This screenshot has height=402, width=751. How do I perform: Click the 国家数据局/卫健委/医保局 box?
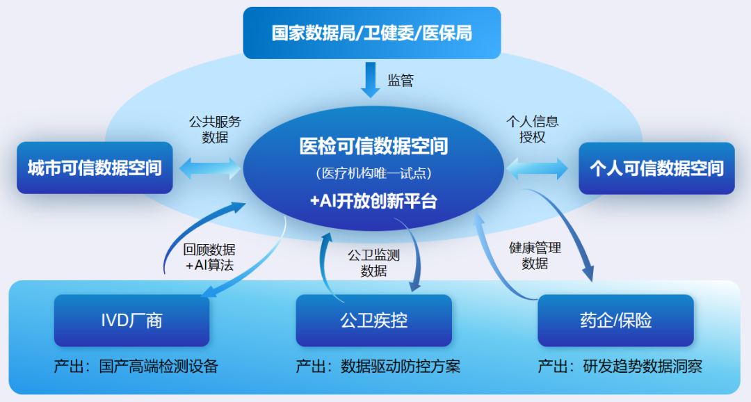[371, 33]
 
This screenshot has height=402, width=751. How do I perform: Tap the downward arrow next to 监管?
[371, 79]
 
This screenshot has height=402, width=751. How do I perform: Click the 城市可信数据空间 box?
[95, 168]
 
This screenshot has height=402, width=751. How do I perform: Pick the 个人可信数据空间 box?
[656, 168]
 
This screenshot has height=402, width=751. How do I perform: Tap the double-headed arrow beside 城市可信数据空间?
[209, 168]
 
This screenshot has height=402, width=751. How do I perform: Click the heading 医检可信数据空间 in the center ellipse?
[373, 146]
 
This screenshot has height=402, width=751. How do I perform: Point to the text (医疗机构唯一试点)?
[373, 173]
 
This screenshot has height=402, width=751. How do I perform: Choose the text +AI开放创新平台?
[373, 201]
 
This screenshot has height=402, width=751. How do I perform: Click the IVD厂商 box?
[131, 320]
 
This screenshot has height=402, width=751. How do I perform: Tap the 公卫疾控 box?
[373, 320]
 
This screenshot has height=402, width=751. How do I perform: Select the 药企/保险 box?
[615, 320]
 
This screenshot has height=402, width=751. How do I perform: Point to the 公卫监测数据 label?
[373, 263]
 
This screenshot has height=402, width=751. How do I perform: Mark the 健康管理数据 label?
[535, 255]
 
